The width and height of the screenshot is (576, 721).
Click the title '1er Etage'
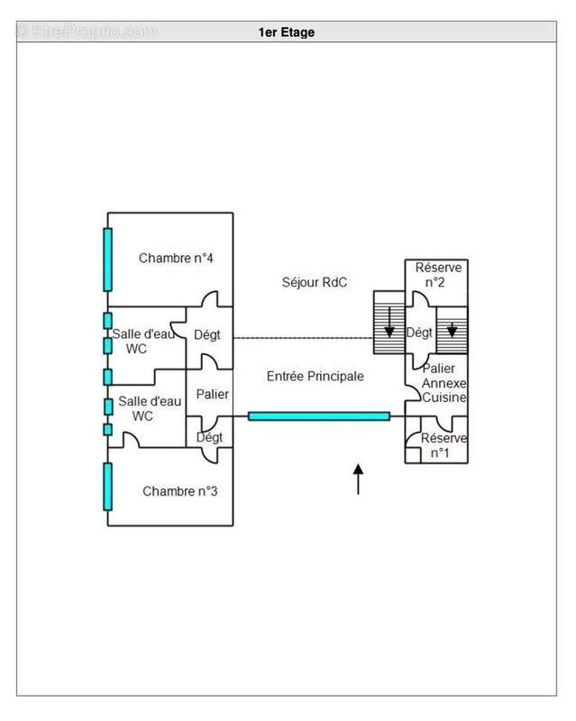point(286,32)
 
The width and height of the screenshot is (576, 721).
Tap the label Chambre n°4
point(176,258)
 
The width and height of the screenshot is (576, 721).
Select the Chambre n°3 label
point(180,491)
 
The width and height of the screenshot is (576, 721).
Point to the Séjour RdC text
point(315,282)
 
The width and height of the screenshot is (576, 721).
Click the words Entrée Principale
point(315,376)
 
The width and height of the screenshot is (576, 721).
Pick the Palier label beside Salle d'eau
point(212,394)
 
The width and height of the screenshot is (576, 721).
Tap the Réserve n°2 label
point(438,275)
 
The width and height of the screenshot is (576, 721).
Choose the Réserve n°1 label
point(443,445)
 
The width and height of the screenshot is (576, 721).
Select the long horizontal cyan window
point(319,416)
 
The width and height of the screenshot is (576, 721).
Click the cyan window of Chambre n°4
point(107,260)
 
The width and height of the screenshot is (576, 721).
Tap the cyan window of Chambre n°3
point(107,487)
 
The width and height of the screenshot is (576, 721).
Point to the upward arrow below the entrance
point(358,479)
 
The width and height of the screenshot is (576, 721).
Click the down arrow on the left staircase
point(389,322)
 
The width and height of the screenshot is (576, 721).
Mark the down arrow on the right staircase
point(452,330)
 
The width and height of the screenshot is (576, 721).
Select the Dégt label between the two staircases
point(419,333)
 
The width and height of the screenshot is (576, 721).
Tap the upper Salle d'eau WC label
point(143,342)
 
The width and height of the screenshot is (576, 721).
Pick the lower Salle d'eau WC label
point(150,408)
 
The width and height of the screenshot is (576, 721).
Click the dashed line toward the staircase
point(303,338)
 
